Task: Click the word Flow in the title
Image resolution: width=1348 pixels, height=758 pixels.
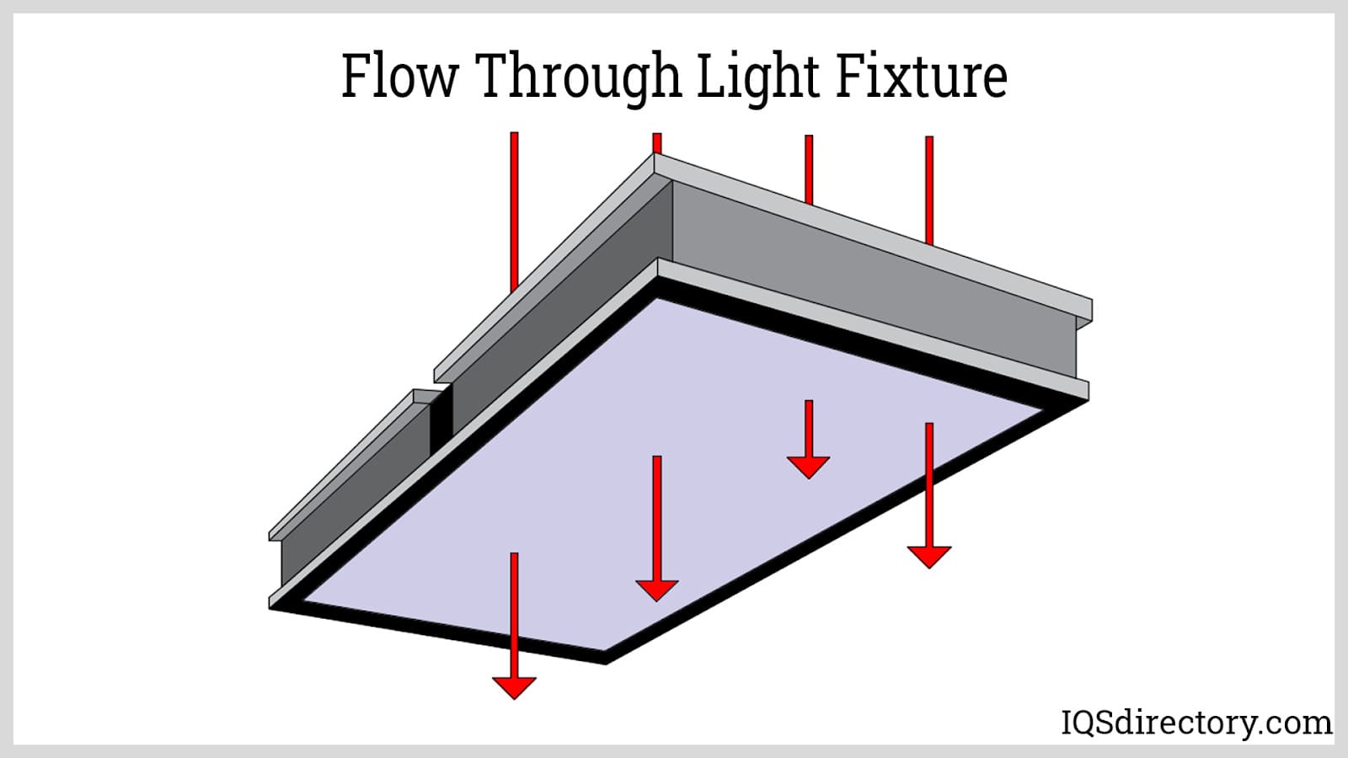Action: (399, 76)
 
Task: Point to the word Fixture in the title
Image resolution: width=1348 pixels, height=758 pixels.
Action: (922, 76)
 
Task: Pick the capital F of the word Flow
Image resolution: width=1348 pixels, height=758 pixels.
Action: (355, 76)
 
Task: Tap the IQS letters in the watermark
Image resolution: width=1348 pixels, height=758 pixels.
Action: (1092, 723)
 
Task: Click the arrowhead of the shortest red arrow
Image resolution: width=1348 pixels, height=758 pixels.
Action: (809, 467)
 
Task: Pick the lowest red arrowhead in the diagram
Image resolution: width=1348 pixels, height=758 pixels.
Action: (514, 686)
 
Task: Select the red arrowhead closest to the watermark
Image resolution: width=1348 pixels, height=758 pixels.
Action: (929, 556)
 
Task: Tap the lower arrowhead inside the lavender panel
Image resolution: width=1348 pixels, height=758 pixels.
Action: (656, 590)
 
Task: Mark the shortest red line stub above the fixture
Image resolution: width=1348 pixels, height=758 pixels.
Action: (657, 142)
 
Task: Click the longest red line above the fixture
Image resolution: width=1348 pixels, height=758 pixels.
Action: (514, 211)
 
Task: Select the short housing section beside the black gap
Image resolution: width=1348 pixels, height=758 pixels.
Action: (354, 488)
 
